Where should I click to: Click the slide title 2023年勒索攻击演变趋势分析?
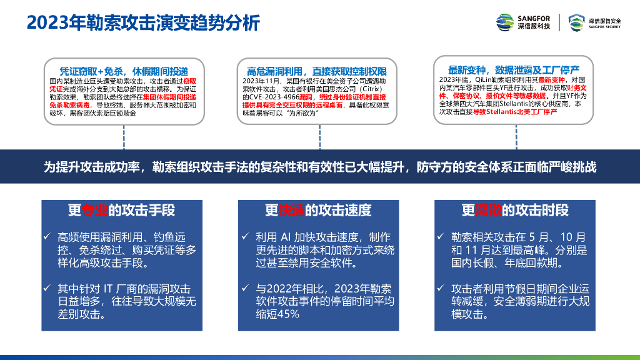point(143,23)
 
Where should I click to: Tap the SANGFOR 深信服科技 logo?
point(523,22)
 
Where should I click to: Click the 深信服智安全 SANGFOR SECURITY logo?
point(595,22)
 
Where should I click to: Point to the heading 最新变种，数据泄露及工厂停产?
point(514,69)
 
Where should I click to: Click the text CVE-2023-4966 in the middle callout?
point(274,97)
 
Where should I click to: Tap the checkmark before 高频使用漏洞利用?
point(48,236)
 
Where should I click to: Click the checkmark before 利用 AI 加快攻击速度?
point(246,236)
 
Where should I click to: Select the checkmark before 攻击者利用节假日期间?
point(442,288)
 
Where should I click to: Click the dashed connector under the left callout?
point(123,137)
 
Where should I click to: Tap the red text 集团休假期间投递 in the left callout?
point(169,97)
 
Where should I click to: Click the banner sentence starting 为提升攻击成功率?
point(319,167)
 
